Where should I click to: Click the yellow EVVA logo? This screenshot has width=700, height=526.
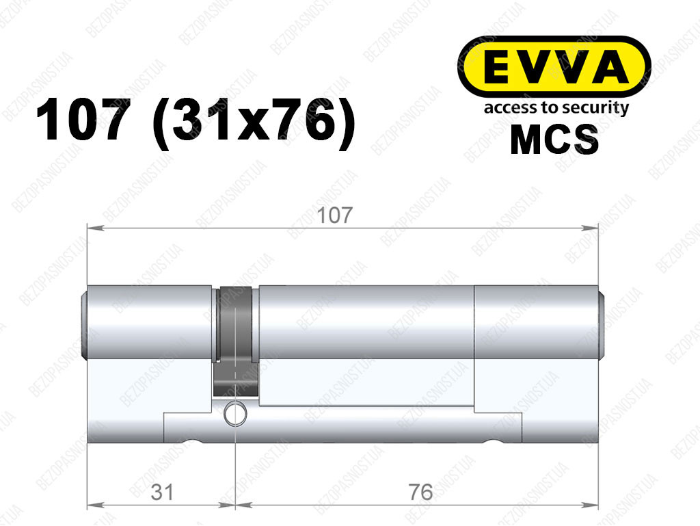[554, 67]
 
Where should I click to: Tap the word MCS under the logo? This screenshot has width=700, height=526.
[554, 140]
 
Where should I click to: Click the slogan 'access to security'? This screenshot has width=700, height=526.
[556, 108]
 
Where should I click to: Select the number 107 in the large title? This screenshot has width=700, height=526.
[81, 120]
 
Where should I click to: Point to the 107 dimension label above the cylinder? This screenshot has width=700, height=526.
[334, 215]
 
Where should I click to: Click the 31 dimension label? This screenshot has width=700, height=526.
[162, 492]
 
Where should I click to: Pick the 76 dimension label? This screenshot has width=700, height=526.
[420, 492]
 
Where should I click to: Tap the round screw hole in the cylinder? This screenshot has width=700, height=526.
[235, 413]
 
